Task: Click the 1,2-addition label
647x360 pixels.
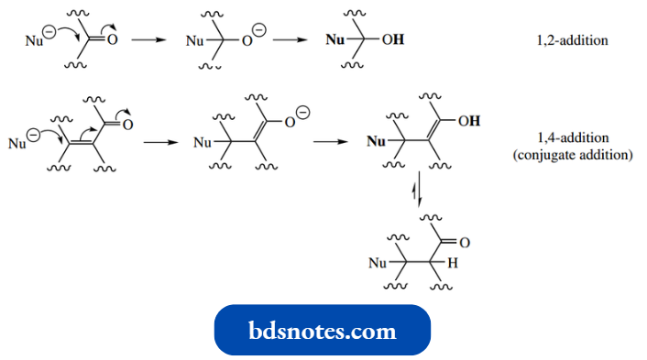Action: click(x=573, y=41)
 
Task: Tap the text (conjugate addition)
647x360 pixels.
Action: click(x=573, y=155)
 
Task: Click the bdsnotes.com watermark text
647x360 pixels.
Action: click(x=323, y=330)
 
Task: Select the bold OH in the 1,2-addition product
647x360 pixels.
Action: click(x=391, y=41)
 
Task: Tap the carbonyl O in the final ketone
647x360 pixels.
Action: click(x=464, y=243)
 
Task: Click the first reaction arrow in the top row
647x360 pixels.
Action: click(x=146, y=41)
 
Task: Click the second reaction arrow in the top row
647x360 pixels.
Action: click(x=290, y=41)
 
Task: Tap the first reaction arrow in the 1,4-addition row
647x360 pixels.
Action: click(x=160, y=142)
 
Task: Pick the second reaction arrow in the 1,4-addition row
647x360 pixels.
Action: click(x=329, y=142)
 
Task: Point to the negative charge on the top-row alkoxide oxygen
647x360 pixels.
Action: click(x=260, y=30)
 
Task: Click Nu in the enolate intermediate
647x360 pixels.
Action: click(x=204, y=142)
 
